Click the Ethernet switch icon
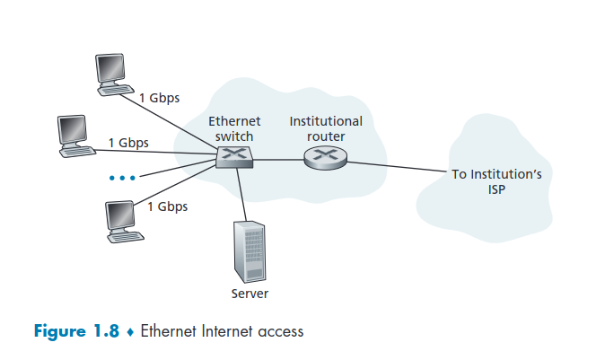[x=235, y=158]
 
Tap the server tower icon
[x=250, y=250]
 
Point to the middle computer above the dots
[x=74, y=136]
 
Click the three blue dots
[x=121, y=178]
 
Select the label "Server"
[x=250, y=294]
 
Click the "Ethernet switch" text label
[x=234, y=128]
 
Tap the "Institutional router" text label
[x=326, y=128]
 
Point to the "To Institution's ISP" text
[x=495, y=181]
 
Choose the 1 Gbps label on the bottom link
[x=167, y=206]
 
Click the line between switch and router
[x=278, y=159]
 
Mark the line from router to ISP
[x=395, y=166]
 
